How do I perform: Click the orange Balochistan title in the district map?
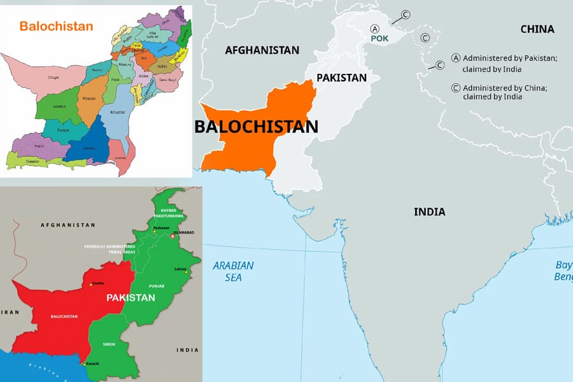56,27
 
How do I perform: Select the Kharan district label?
90,99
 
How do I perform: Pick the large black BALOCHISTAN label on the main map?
256,126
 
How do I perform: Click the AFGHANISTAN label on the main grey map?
262,50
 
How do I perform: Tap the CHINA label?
537,29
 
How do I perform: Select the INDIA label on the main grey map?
429,211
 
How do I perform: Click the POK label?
379,39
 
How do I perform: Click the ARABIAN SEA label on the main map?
233,271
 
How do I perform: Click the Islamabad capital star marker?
171,236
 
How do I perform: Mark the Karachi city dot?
84,364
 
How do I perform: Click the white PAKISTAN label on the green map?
130,297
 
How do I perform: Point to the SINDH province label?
110,344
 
